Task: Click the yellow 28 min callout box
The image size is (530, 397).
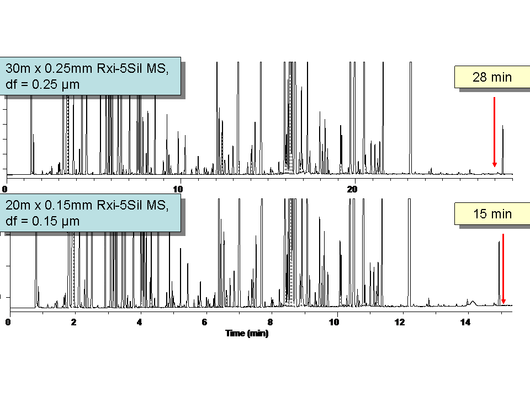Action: [492, 77]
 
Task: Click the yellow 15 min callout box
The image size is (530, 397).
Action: [492, 213]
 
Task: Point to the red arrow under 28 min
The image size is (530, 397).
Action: [494, 132]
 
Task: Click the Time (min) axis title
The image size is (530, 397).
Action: [247, 333]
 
